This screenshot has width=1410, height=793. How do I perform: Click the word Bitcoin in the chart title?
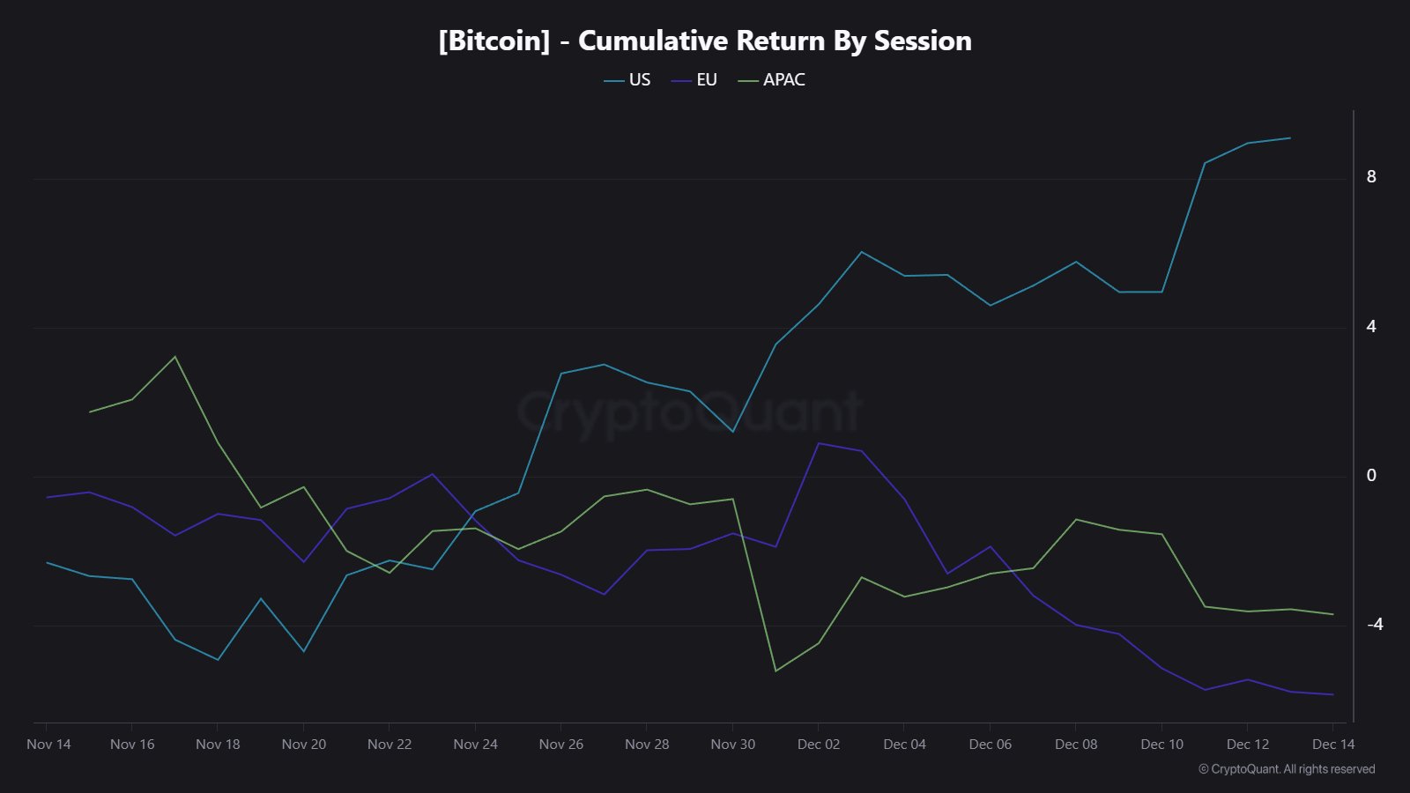tap(494, 41)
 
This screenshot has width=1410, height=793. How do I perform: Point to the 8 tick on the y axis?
tap(1370, 177)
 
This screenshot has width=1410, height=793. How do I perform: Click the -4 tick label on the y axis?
tap(1374, 625)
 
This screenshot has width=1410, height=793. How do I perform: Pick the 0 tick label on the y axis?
tap(1370, 476)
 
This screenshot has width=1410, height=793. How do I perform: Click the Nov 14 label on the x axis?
tap(48, 745)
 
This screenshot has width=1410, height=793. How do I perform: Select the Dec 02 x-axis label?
tap(819, 745)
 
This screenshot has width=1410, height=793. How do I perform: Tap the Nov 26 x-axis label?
tap(561, 745)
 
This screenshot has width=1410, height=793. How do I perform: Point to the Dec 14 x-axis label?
tap(1332, 745)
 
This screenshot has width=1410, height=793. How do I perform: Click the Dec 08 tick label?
tap(1076, 745)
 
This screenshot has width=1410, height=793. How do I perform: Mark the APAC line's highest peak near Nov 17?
tap(174, 357)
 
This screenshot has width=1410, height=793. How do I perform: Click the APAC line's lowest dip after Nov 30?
tap(775, 671)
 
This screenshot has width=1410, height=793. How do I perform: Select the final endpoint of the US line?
tap(1290, 137)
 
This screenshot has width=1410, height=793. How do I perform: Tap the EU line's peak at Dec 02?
tap(819, 443)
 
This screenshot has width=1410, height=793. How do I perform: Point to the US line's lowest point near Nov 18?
tap(218, 659)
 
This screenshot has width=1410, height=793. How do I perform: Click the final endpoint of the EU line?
tap(1332, 694)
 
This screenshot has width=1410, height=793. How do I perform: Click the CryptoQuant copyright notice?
tap(1287, 769)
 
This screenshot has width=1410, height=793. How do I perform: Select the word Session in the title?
tap(922, 41)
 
